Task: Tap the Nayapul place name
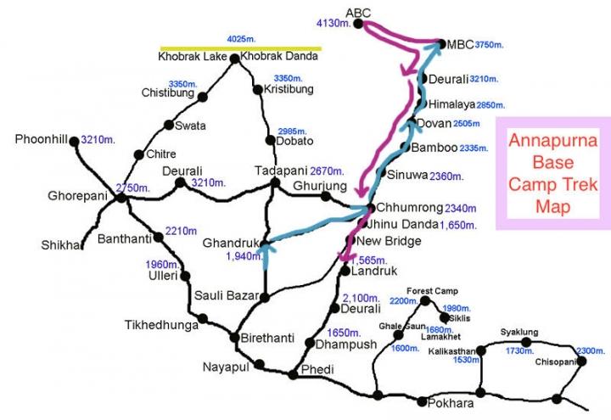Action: [222, 367]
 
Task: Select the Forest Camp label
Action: [432, 291]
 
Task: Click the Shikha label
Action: [59, 245]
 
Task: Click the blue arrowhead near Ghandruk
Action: [266, 247]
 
